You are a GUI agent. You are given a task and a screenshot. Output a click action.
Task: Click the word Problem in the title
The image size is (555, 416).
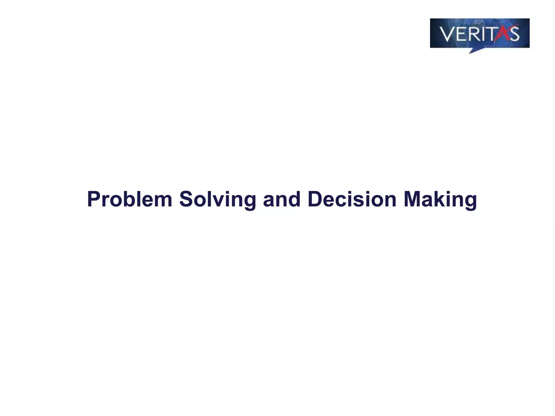[130, 199]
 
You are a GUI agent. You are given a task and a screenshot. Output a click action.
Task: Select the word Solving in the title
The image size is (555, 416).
[217, 200]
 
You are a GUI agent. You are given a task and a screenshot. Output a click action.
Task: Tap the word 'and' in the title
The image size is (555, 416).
[282, 199]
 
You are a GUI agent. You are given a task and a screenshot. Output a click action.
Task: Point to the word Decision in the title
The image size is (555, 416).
[352, 199]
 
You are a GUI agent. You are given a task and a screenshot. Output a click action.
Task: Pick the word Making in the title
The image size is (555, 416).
[440, 200]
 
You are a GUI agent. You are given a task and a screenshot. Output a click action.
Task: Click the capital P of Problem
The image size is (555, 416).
[93, 199]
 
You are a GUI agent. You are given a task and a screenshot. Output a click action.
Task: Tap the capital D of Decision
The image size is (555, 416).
[315, 199]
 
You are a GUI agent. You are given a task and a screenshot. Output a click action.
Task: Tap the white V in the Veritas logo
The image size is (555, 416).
[447, 34]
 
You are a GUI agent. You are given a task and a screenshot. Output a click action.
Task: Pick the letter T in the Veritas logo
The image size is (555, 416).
[491, 34]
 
